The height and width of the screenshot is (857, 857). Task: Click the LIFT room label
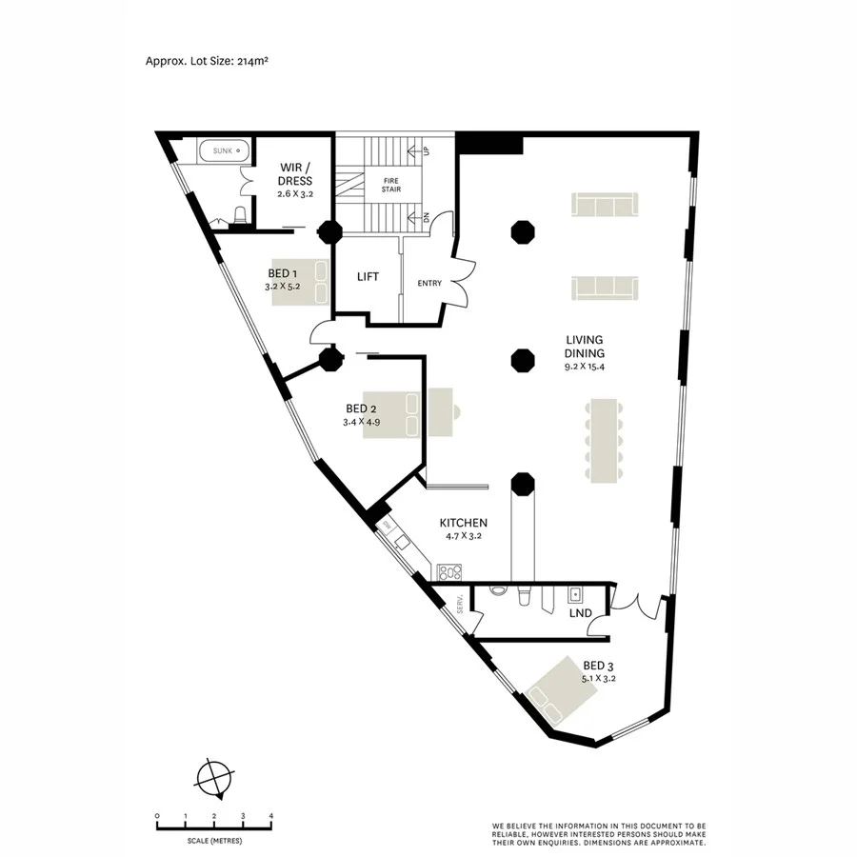coord(368,277)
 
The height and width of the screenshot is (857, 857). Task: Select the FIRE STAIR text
coord(391,185)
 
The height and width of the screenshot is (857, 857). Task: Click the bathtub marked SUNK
coord(224,150)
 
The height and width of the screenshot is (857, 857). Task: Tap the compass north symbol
coord(214,777)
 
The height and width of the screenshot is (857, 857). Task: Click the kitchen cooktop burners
coord(448,572)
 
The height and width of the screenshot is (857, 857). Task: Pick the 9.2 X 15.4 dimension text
coord(584,366)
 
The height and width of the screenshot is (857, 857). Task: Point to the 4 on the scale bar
coord(271,816)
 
